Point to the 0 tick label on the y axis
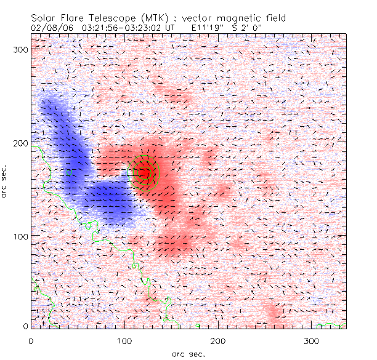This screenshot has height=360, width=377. coord(26,326)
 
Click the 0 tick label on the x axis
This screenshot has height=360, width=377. coord(31,340)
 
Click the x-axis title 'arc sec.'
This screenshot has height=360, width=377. coord(188,354)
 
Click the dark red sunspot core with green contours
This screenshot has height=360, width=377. coord(144,173)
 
